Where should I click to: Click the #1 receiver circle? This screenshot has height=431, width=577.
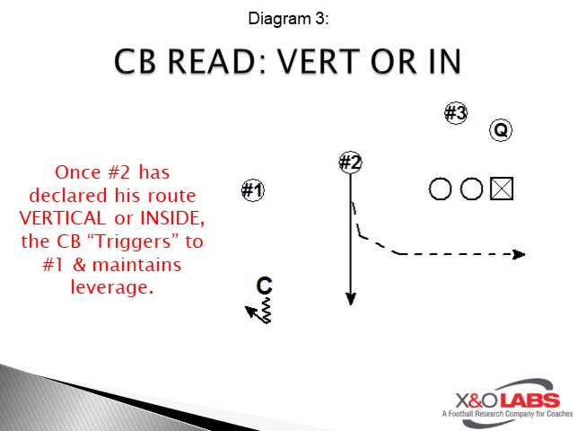253,190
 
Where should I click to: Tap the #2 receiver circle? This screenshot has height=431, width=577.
350,163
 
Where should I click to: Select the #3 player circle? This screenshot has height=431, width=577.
456,113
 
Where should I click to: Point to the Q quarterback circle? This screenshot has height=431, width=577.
501,130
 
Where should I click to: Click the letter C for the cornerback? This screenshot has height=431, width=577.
264,286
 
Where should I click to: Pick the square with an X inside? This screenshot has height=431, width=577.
502,189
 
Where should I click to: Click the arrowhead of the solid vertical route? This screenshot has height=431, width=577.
351,299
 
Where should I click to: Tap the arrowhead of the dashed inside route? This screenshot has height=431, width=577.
518,254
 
